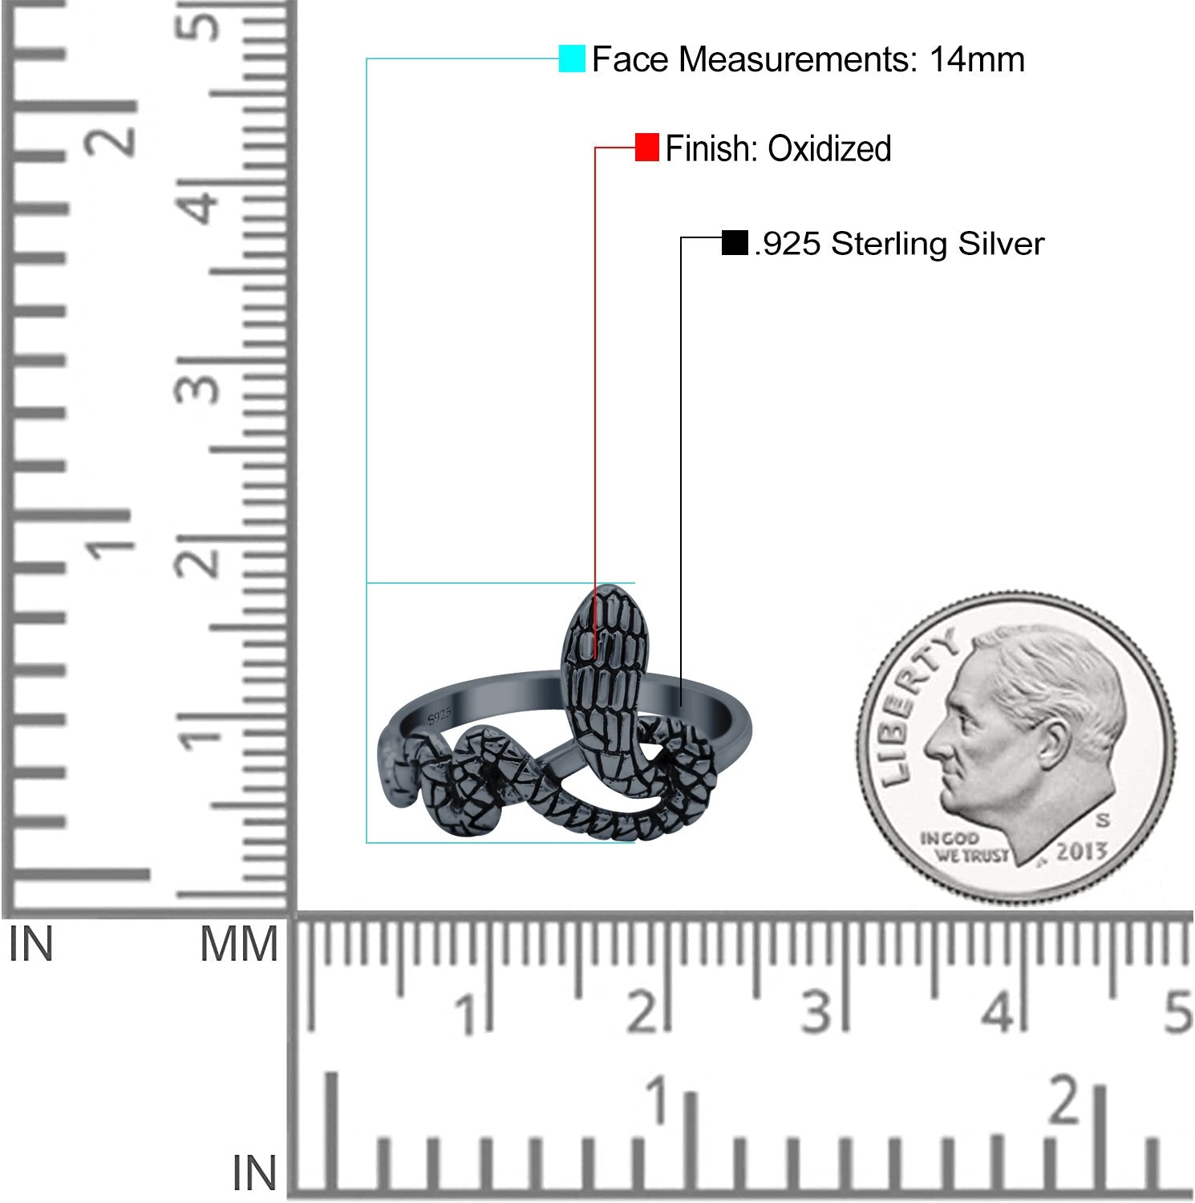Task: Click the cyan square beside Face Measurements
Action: tap(572, 59)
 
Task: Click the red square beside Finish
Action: tap(646, 148)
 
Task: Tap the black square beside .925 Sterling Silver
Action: tap(735, 242)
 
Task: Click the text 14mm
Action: tap(977, 59)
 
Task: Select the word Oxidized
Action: tap(829, 148)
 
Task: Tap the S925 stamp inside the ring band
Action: tap(440, 715)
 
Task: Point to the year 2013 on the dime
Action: tap(1082, 852)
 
